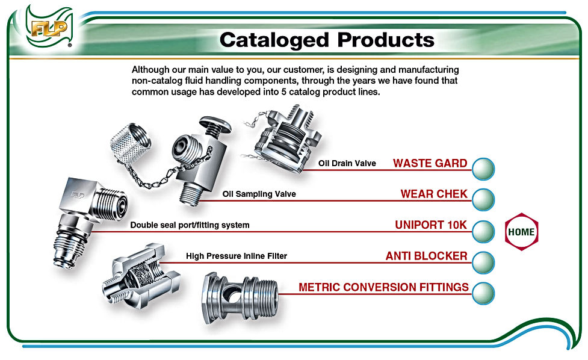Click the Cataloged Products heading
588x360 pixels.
click(327, 40)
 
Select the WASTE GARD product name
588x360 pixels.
click(430, 163)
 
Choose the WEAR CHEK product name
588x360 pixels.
click(433, 194)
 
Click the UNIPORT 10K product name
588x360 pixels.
click(431, 225)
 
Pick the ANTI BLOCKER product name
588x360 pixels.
click(426, 256)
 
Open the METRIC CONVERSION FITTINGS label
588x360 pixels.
click(383, 287)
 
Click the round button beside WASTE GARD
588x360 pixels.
click(483, 169)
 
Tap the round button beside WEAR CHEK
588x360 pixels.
click(483, 199)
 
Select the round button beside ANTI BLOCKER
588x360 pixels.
click(483, 262)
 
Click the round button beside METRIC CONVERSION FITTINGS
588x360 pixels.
click(483, 293)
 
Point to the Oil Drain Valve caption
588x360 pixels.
click(347, 163)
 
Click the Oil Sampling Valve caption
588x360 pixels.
click(259, 194)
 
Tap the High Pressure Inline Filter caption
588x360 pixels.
click(236, 256)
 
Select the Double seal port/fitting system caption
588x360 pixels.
click(190, 225)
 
